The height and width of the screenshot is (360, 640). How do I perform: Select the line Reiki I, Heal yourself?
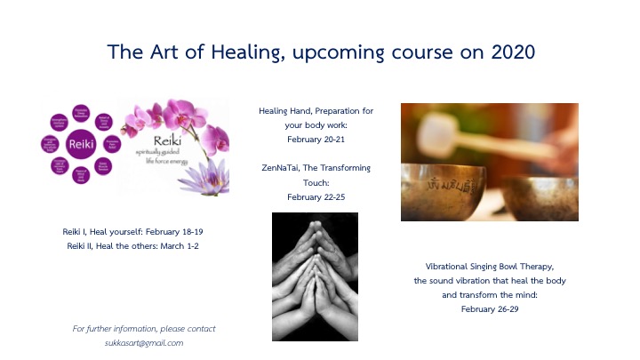106,231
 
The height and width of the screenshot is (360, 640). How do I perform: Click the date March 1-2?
180,245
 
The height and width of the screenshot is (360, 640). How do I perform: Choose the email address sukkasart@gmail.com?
143,342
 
